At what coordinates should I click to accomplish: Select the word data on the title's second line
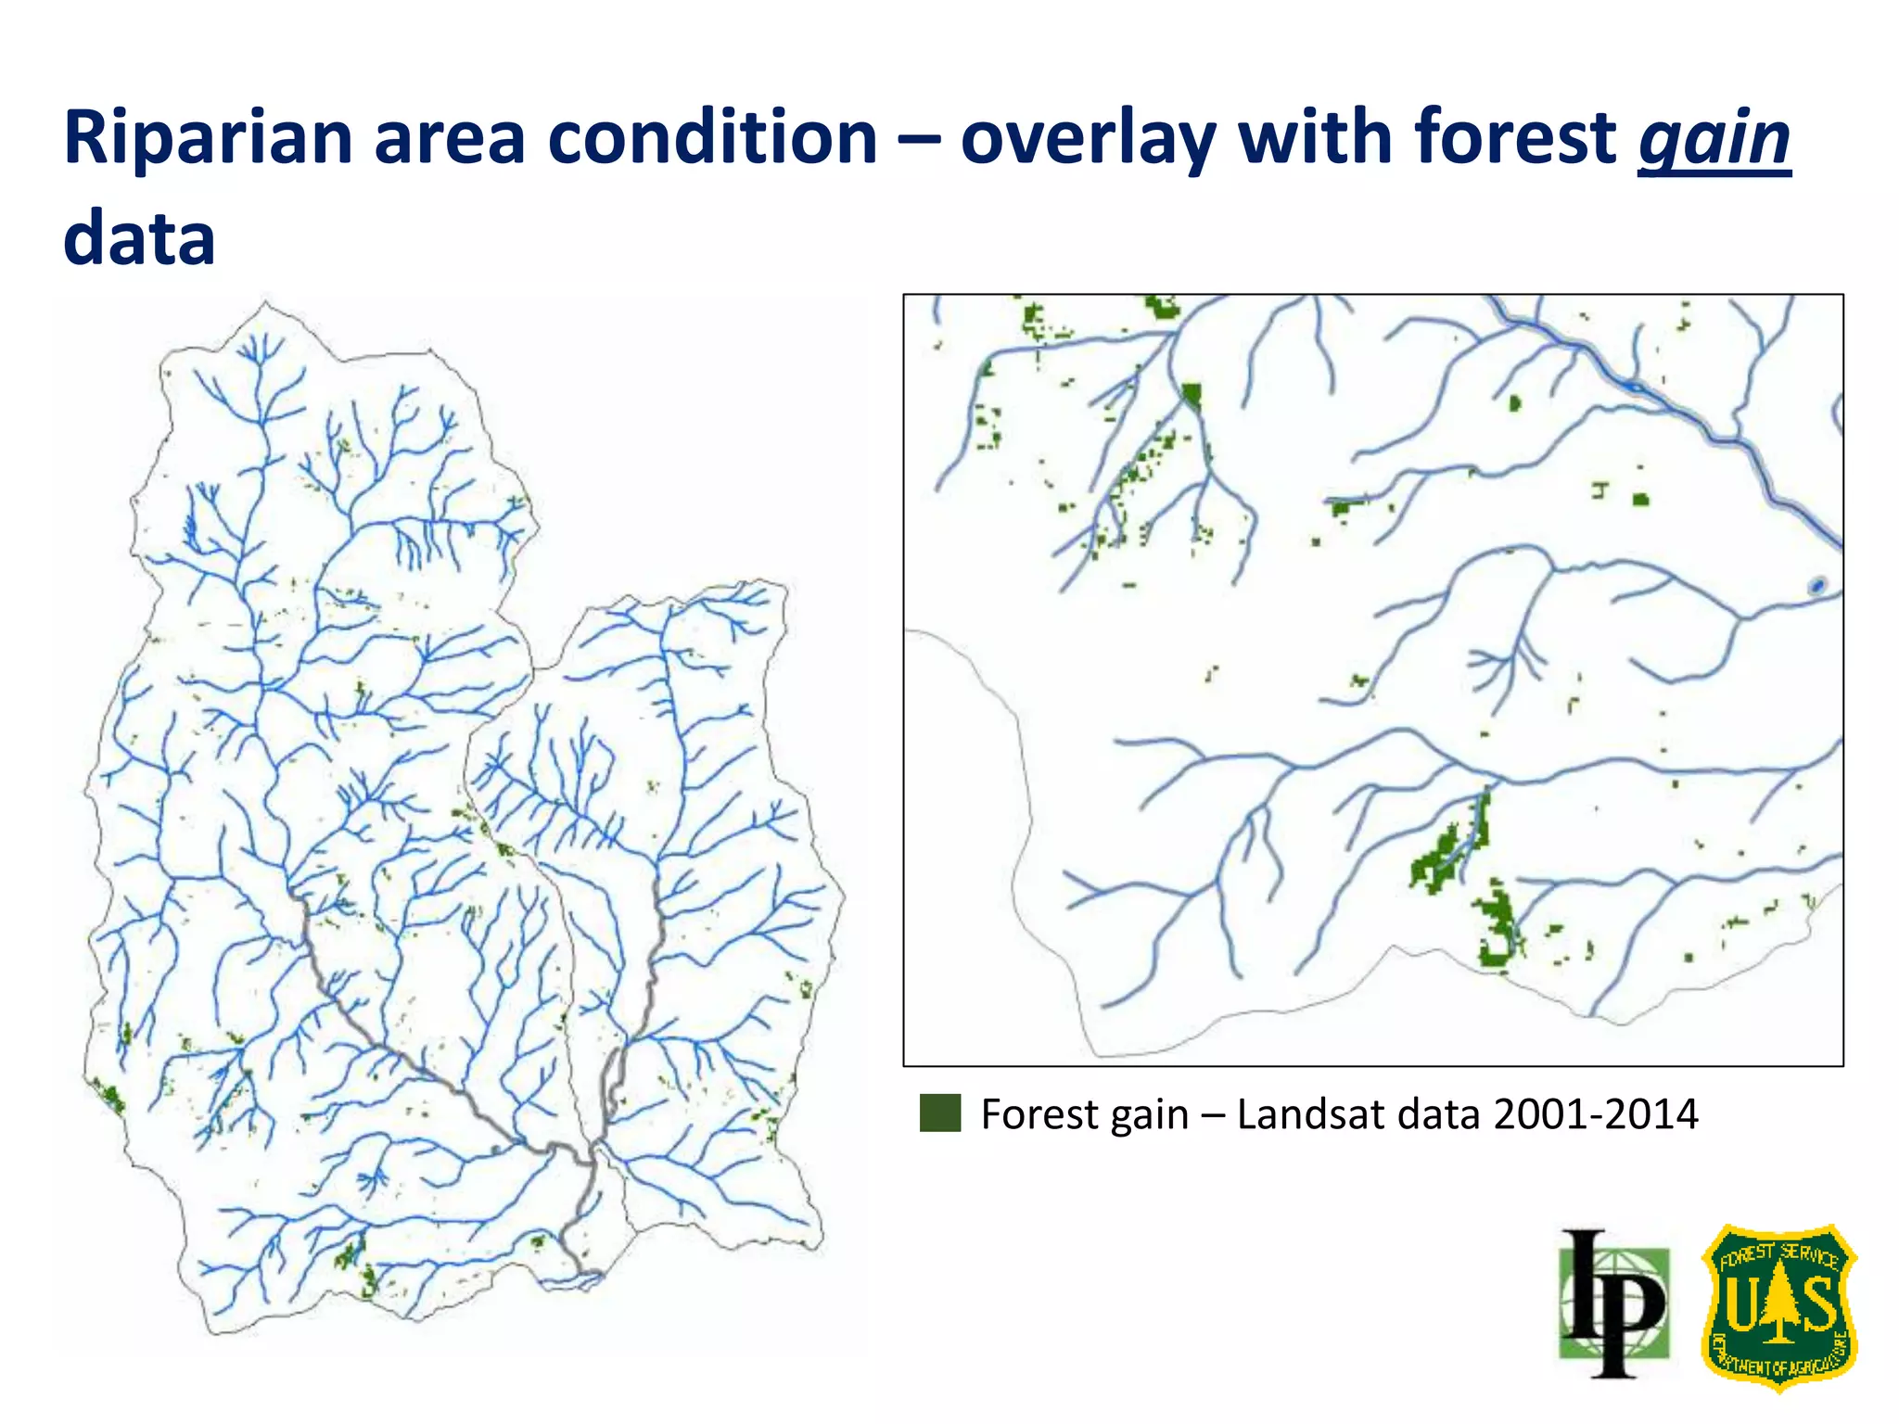coord(139,239)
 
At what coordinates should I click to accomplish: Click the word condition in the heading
coord(712,139)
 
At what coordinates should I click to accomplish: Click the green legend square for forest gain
coord(939,1113)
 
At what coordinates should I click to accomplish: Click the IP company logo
coord(1614,1303)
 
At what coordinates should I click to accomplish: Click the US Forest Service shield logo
coord(1778,1306)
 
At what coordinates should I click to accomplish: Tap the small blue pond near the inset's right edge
coord(1817,585)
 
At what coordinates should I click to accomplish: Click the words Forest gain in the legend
coord(1084,1113)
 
